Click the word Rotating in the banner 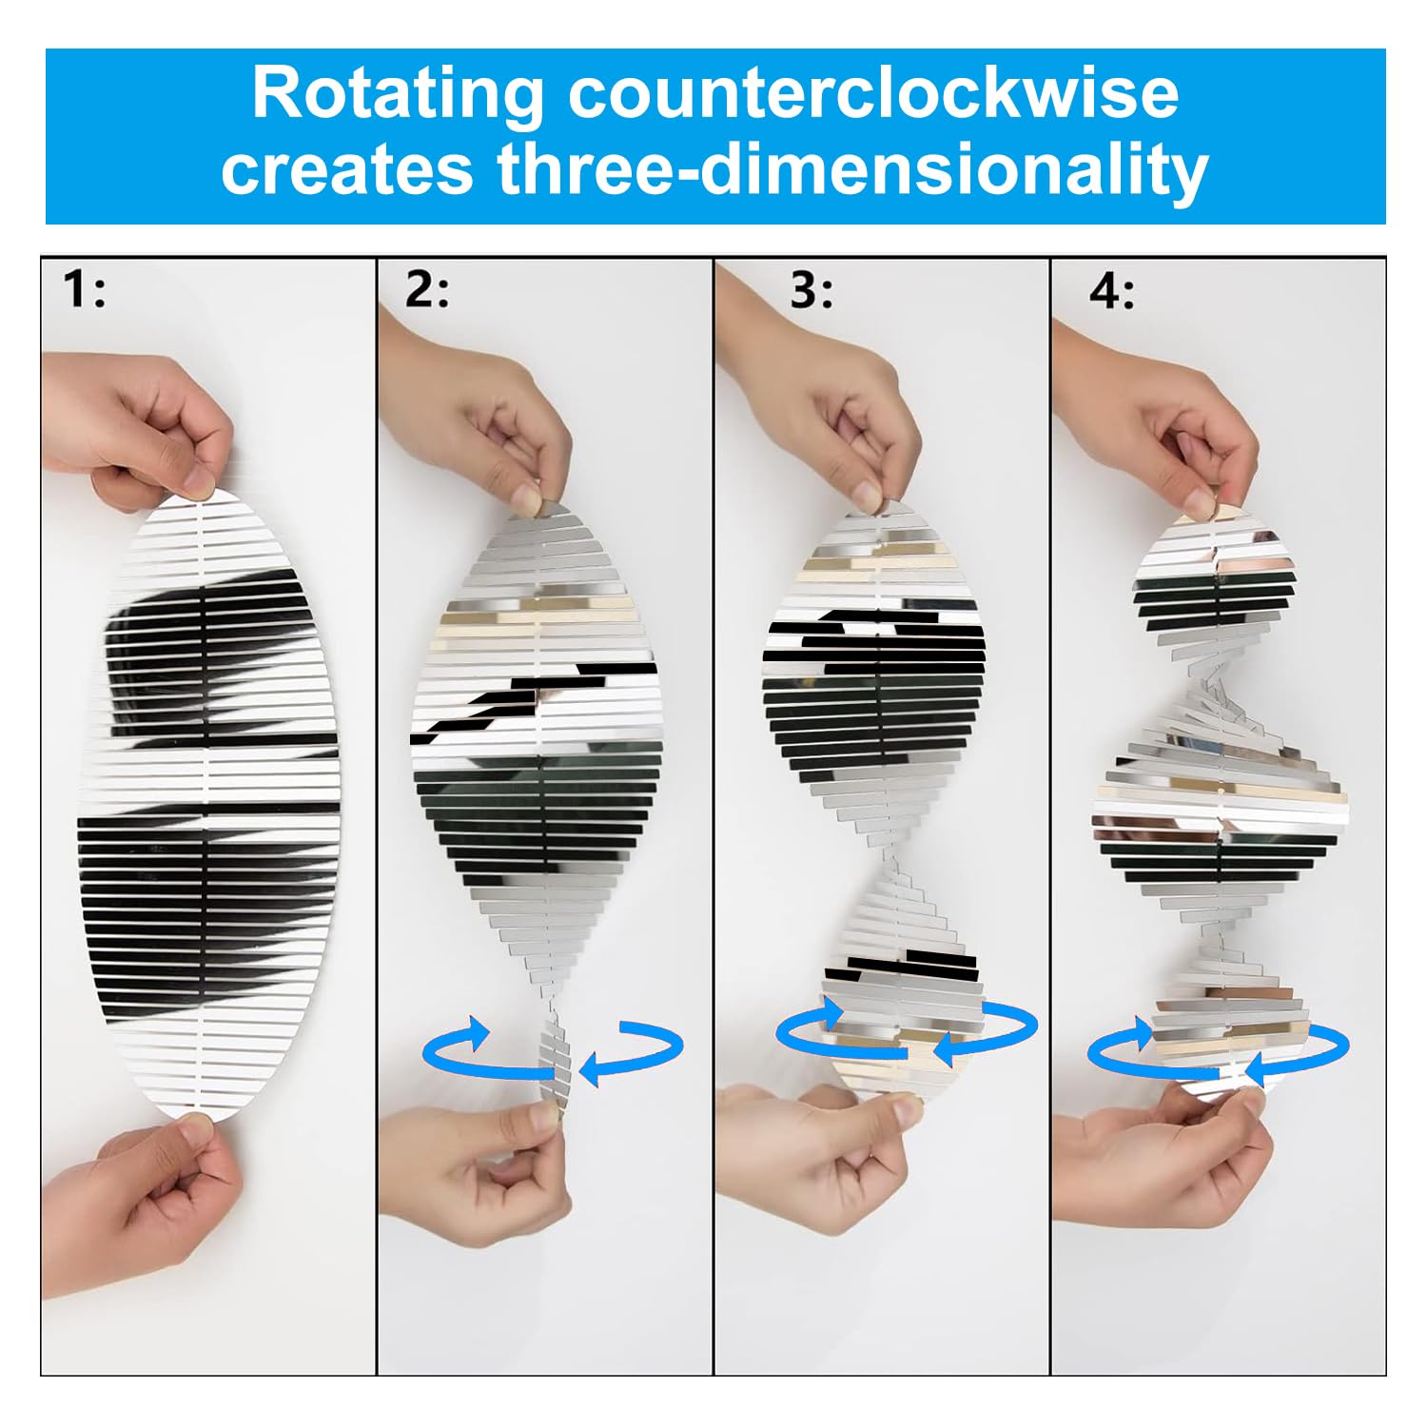click(397, 95)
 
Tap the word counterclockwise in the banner click(873, 93)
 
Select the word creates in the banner click(346, 169)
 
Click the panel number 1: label click(84, 289)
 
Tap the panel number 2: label click(427, 289)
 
